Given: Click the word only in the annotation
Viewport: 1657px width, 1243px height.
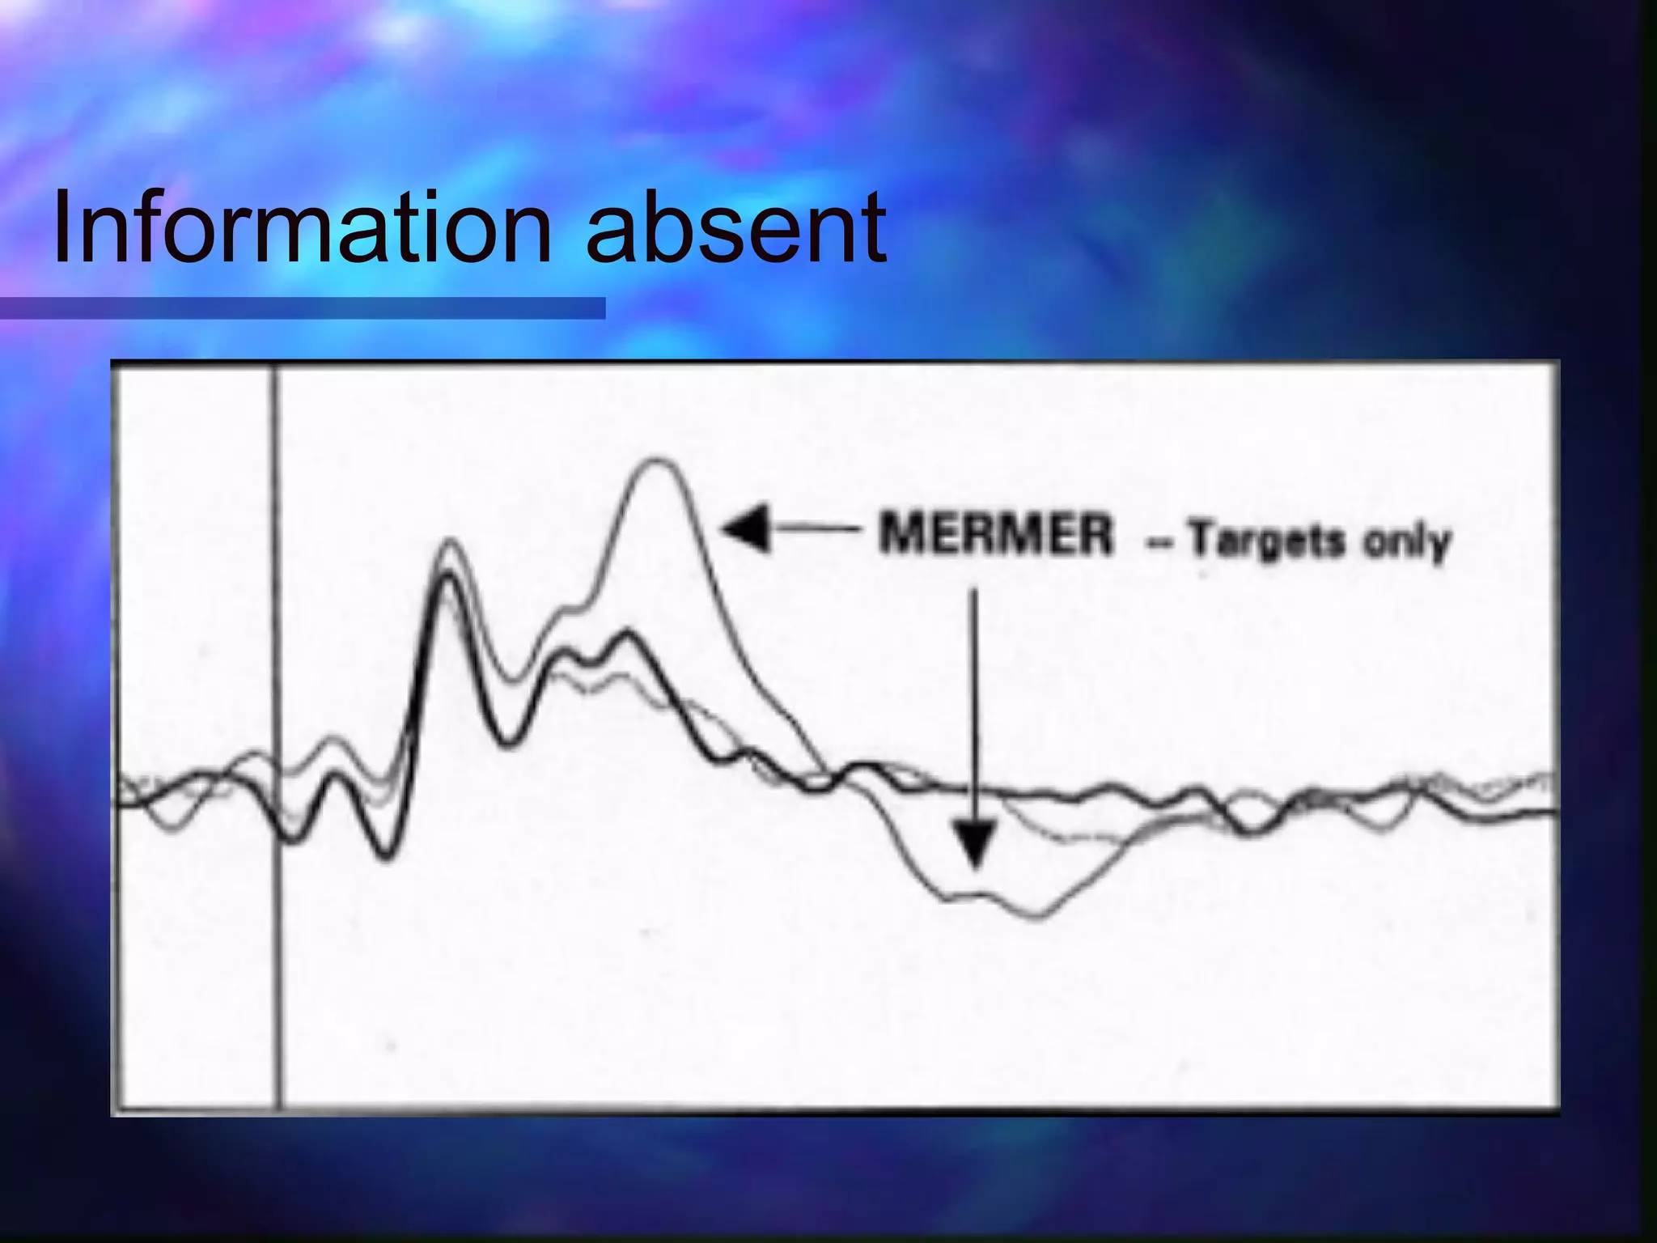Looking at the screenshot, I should [1408, 542].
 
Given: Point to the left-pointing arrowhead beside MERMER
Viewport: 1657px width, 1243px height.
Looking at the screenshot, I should [744, 530].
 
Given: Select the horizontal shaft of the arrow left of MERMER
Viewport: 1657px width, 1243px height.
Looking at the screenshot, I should [817, 530].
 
